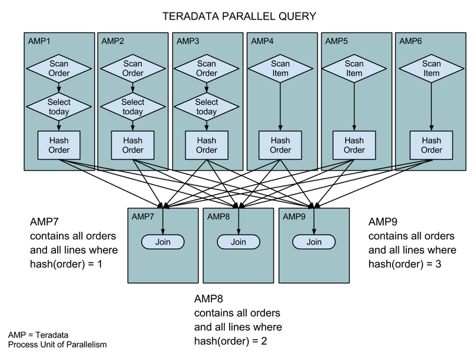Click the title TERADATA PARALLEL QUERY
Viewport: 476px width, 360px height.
[x=237, y=16]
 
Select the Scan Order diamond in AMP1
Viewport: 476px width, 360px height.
[x=59, y=68]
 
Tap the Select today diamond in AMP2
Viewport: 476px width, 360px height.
[x=133, y=107]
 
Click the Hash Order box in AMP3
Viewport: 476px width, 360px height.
[x=206, y=145]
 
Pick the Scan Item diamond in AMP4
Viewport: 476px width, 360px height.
[x=280, y=68]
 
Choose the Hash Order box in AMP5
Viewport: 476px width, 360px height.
[x=355, y=145]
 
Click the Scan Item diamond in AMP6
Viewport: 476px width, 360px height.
[x=431, y=68]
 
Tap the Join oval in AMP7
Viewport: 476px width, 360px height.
[x=163, y=242]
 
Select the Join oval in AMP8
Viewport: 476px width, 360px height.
[x=238, y=242]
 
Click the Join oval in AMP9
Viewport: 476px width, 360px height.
[x=314, y=242]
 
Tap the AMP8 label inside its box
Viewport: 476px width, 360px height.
[x=219, y=216]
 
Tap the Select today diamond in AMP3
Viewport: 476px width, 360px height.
[x=206, y=107]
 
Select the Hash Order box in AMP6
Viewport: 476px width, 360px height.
[x=431, y=145]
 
